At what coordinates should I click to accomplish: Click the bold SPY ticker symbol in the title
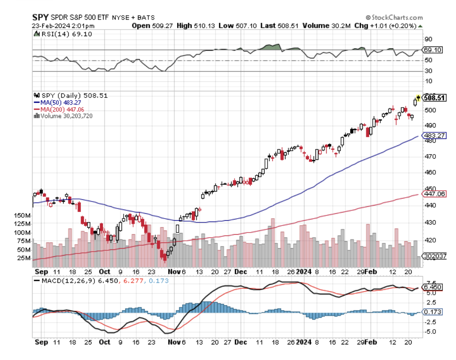click(x=40, y=17)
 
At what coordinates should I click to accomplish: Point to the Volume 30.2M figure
click(x=325, y=25)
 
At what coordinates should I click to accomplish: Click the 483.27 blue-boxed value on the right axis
click(x=434, y=135)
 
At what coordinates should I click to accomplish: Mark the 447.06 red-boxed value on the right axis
click(x=434, y=194)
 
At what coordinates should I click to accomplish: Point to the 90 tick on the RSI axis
click(x=428, y=39)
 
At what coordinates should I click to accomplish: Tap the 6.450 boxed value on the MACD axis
click(x=433, y=287)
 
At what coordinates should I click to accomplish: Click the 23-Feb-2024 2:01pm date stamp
click(x=63, y=25)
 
